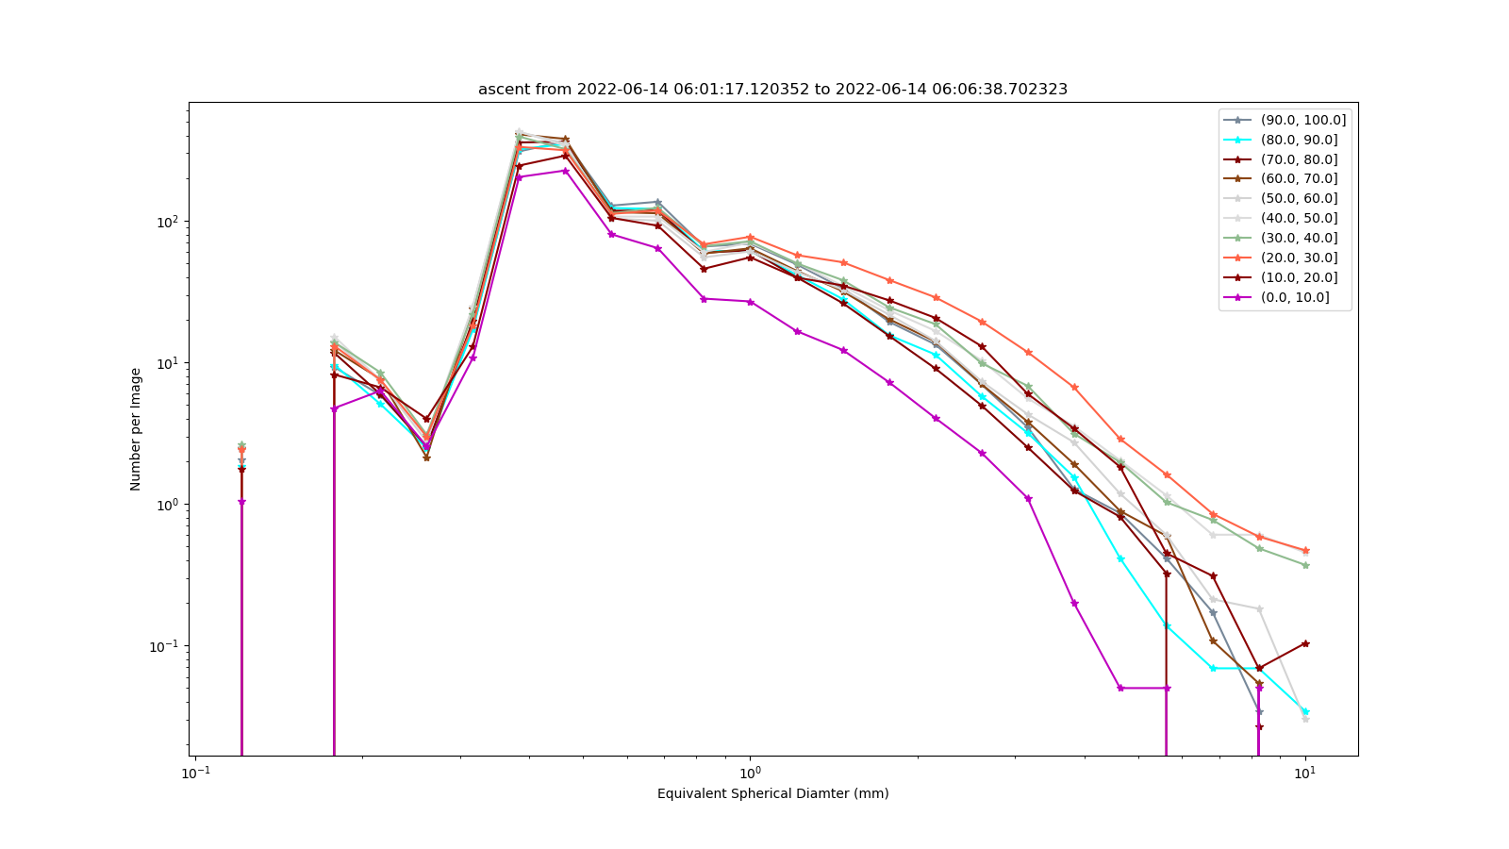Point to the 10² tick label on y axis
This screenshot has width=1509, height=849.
click(x=170, y=222)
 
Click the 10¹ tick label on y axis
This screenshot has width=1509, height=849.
click(x=170, y=363)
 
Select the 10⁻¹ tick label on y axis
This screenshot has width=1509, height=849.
click(x=166, y=646)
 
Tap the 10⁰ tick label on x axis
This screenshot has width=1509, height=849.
click(x=750, y=773)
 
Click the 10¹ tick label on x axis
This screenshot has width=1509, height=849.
click(x=1305, y=773)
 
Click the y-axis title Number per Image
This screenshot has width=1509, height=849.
click(x=136, y=429)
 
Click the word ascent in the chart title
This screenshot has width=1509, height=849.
click(x=502, y=90)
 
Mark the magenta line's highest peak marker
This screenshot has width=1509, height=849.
click(x=566, y=171)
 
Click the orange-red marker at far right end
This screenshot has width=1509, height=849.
click(x=1305, y=551)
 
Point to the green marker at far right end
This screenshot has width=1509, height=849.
click(x=1305, y=565)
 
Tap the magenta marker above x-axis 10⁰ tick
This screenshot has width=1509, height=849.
click(x=751, y=302)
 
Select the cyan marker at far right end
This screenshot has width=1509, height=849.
click(x=1305, y=711)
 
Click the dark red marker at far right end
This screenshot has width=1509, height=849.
click(x=1305, y=643)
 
